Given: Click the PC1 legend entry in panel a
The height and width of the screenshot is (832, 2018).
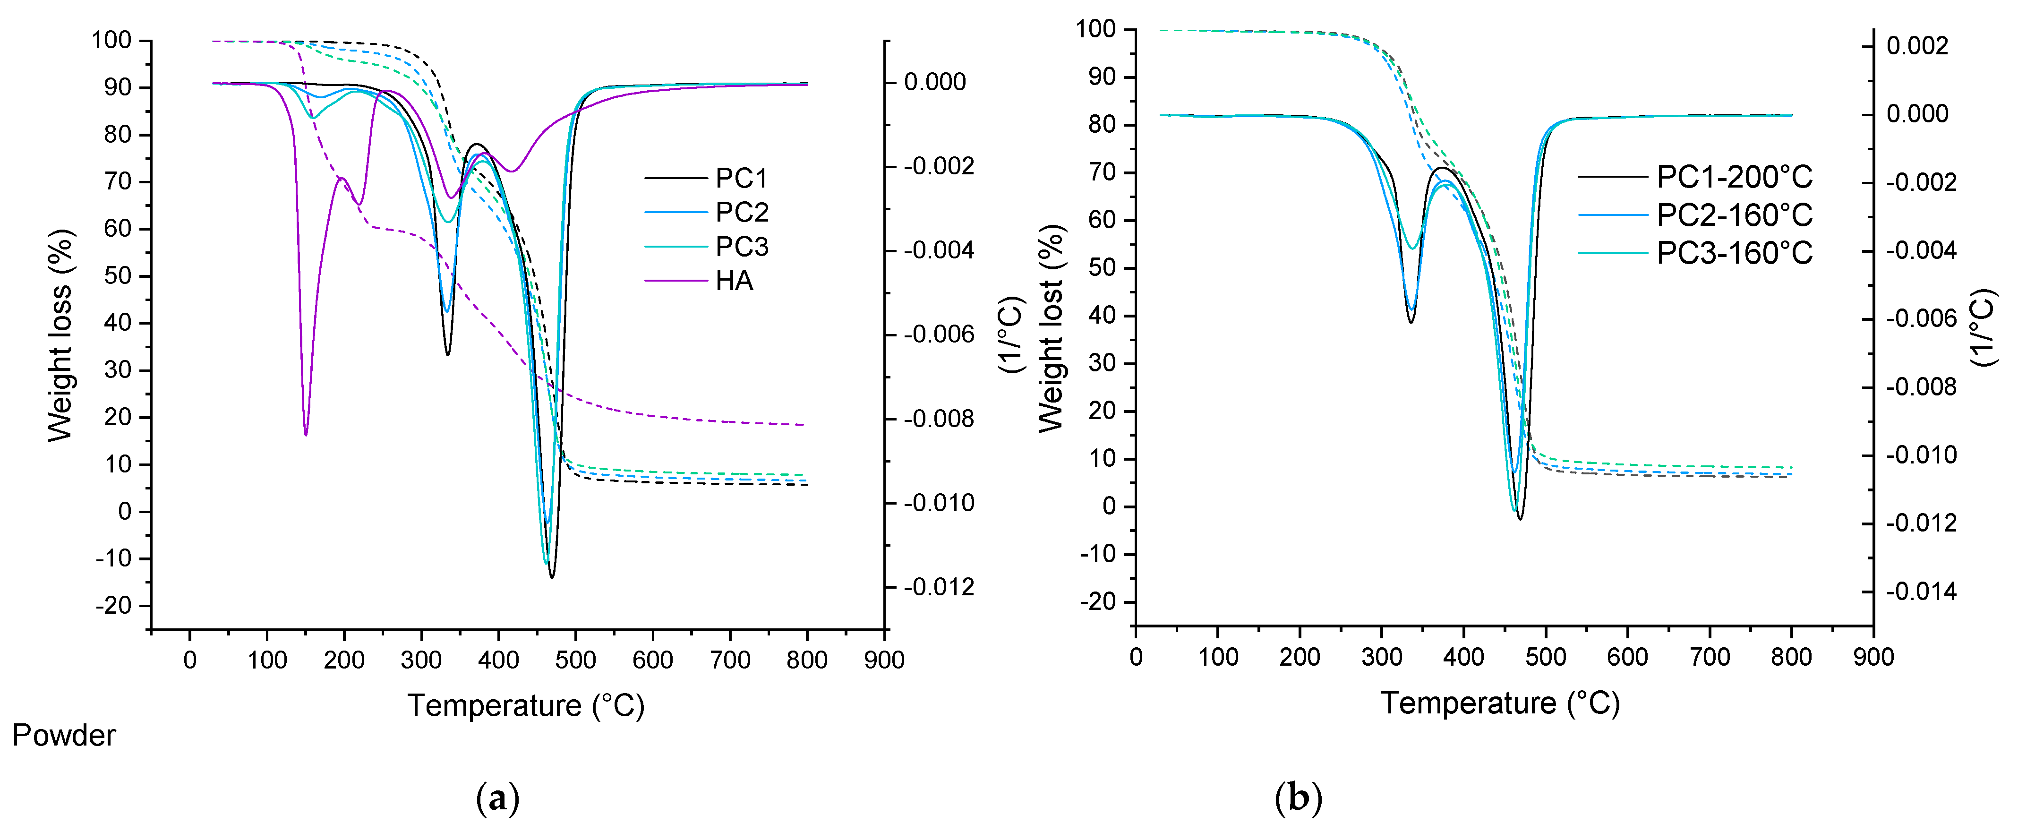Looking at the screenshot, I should pos(740,179).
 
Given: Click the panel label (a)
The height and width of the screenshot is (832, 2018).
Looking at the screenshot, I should pos(497,798).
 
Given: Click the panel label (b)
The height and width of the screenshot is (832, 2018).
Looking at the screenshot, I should pos(1298,798).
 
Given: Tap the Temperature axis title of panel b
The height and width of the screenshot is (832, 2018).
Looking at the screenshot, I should pos(1499,703).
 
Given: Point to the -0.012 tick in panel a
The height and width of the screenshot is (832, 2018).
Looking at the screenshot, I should pos(939,587).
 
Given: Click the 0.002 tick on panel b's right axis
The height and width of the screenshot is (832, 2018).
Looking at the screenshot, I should pos(1916,46).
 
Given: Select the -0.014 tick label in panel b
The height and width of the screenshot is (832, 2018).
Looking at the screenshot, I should pos(1920,592).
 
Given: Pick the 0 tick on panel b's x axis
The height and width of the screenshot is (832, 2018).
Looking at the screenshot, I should pos(1136,657).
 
